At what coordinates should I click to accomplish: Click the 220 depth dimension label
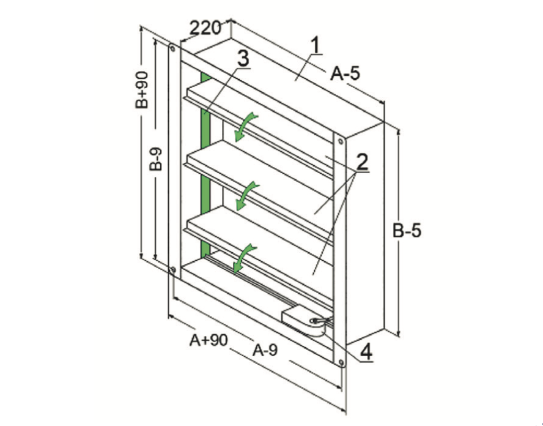tap(205, 28)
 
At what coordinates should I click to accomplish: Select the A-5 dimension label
tap(345, 73)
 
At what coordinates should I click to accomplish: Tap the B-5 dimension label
tap(407, 231)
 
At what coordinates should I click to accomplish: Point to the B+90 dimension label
tap(142, 90)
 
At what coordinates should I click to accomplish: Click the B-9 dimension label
tap(157, 159)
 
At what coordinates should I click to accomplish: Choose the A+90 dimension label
tap(209, 340)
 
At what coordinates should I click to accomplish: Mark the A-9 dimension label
tap(265, 351)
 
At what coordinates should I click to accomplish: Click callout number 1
tap(315, 45)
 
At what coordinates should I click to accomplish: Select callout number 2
tap(362, 162)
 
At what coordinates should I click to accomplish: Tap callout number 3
tap(243, 59)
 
